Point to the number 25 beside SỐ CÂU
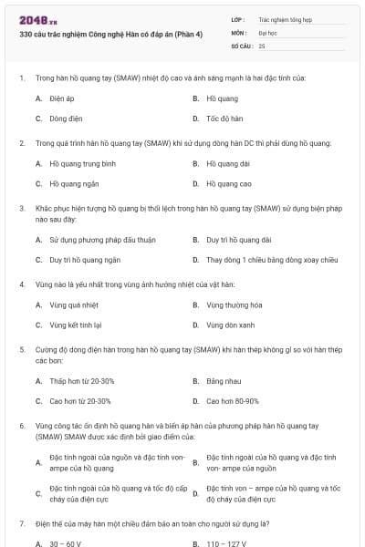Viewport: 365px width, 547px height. pyautogui.click(x=262, y=46)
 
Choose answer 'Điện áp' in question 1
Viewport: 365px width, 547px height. pyautogui.click(x=61, y=98)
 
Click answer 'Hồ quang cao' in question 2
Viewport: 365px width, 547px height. pyautogui.click(x=228, y=184)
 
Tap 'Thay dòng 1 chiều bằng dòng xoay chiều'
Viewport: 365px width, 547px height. pyautogui.click(x=266, y=260)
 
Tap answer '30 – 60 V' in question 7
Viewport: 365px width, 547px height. pyautogui.click(x=66, y=543)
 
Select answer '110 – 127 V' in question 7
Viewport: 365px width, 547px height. pyautogui.click(x=226, y=543)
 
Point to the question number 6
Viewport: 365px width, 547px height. pyautogui.click(x=21, y=426)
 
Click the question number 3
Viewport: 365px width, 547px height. pyautogui.click(x=21, y=208)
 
